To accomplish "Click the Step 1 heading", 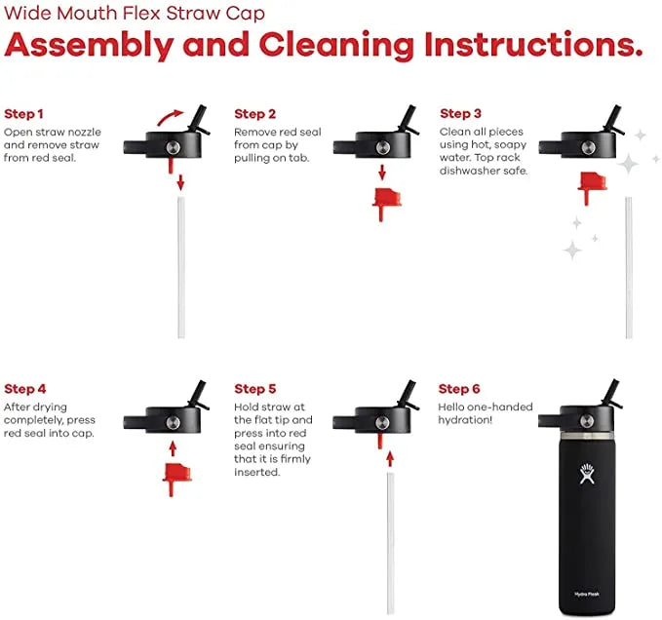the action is [x=23, y=114].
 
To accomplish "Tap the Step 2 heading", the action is [x=255, y=114].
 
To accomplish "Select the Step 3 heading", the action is [x=460, y=113].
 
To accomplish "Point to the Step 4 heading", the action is [x=25, y=389].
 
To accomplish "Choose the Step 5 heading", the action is [x=255, y=389].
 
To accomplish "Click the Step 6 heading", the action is [x=459, y=389].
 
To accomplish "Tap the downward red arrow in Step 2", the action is [x=382, y=173].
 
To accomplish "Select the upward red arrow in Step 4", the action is [x=173, y=448].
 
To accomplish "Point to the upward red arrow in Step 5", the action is [x=390, y=459].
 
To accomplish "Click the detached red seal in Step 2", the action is [x=386, y=205].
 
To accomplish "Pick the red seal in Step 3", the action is [x=592, y=187].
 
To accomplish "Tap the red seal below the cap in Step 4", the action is [x=176, y=479].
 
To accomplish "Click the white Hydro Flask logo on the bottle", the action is [x=587, y=474].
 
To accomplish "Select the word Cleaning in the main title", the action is [x=336, y=46].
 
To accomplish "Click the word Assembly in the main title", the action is [x=89, y=46].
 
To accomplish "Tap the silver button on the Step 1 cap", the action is [x=174, y=148].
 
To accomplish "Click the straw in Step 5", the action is [x=391, y=543].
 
